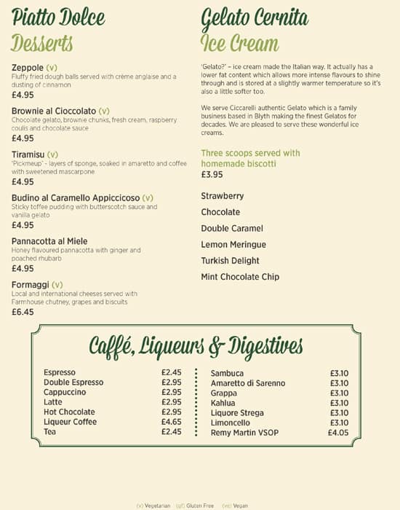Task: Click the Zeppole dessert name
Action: (28, 68)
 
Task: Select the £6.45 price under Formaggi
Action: (23, 312)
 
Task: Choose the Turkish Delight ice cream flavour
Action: (230, 261)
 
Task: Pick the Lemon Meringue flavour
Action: (233, 245)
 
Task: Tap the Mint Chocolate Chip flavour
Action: (240, 277)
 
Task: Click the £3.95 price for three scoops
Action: (212, 175)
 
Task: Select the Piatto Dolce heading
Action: (59, 17)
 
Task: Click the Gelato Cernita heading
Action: (255, 17)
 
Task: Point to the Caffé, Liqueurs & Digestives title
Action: (196, 345)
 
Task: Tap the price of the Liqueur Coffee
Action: (172, 422)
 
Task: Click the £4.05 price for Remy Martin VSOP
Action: (338, 433)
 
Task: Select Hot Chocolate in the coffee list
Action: (69, 412)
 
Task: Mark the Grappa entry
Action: (223, 393)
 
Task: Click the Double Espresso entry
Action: (73, 382)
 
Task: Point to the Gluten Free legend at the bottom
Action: (198, 505)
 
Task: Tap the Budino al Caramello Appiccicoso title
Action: (76, 197)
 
